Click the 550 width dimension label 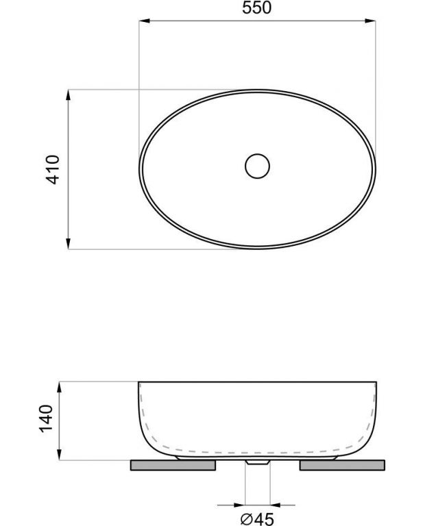pyautogui.click(x=257, y=8)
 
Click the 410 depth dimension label pyautogui.click(x=52, y=169)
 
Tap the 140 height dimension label pyautogui.click(x=46, y=418)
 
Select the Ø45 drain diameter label pyautogui.click(x=257, y=519)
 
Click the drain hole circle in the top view pyautogui.click(x=257, y=166)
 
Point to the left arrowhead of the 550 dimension pyautogui.click(x=145, y=21)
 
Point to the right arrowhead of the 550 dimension pyautogui.click(x=370, y=21)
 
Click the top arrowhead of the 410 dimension pyautogui.click(x=68, y=95)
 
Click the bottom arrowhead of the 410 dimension pyautogui.click(x=68, y=244)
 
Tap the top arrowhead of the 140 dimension pyautogui.click(x=59, y=387)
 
